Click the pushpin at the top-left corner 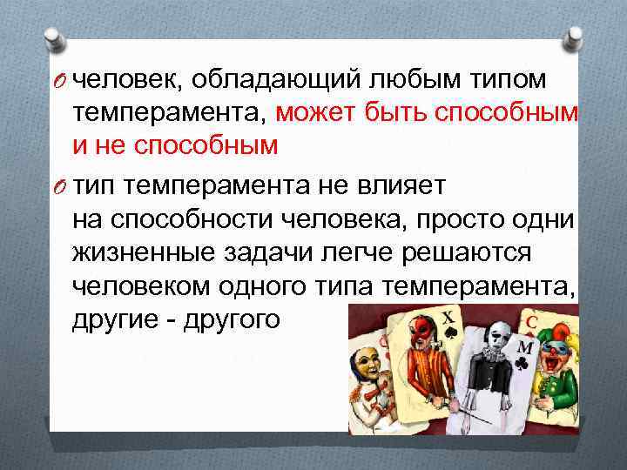coord(51,40)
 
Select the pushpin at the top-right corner coord(576,37)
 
